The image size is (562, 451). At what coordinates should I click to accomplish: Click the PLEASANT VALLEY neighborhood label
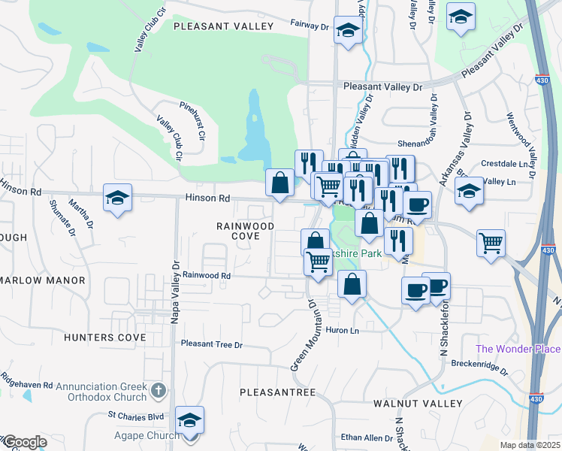click(224, 26)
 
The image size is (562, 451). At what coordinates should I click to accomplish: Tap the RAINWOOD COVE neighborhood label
click(238, 230)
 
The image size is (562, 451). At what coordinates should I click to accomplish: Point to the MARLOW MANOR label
click(43, 280)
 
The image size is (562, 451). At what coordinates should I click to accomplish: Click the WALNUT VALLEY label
click(417, 404)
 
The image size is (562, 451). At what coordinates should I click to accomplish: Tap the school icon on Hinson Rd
click(118, 198)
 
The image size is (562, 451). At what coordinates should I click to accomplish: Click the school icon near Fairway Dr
click(349, 30)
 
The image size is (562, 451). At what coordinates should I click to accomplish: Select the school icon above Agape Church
click(190, 420)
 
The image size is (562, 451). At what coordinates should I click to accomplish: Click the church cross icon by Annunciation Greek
click(158, 389)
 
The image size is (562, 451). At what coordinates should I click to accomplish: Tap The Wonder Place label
click(518, 349)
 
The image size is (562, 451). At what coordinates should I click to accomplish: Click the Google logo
click(24, 442)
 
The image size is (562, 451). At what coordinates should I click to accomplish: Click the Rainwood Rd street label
click(205, 276)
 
